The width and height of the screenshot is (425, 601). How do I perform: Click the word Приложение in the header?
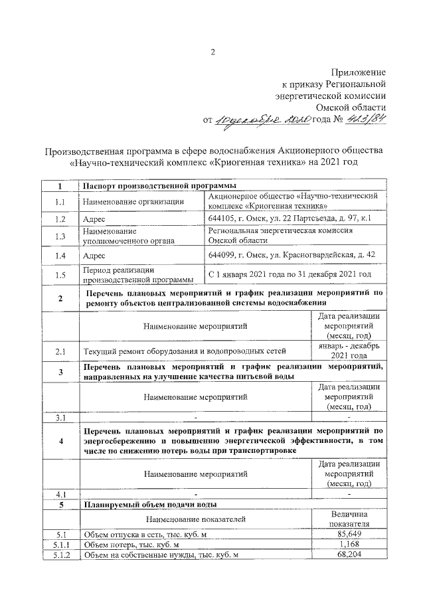tap(359, 72)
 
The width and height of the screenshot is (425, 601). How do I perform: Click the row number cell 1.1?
tap(60, 202)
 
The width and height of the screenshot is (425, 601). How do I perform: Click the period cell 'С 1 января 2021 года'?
tap(289, 274)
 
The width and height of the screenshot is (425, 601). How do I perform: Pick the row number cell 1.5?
tap(60, 274)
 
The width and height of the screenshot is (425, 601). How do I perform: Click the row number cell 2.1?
tap(60, 349)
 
